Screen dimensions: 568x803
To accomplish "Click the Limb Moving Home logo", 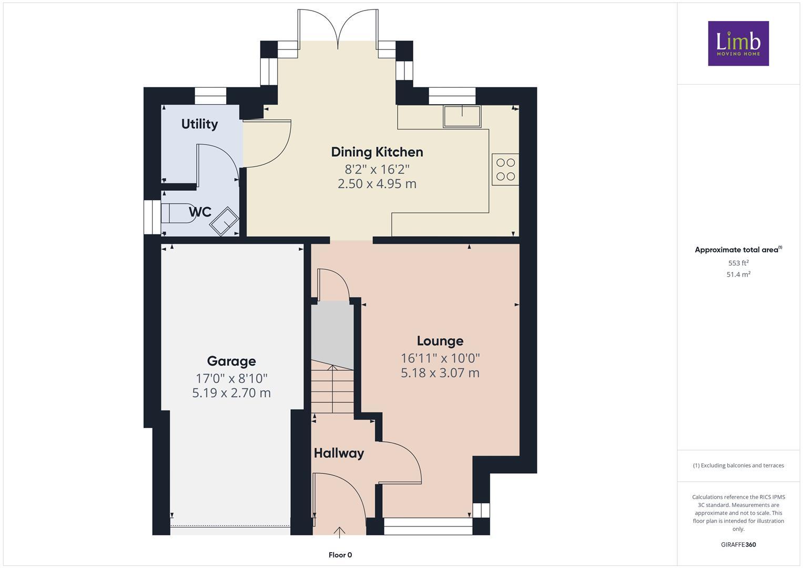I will [738, 43].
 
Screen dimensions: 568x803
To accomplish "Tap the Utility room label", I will [199, 124].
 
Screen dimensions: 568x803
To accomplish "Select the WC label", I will [200, 212].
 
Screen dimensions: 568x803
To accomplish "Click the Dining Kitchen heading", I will [377, 152].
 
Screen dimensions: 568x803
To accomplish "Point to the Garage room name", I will [231, 361].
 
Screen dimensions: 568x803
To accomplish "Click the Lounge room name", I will [440, 341].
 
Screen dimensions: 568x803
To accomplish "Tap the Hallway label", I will [339, 453].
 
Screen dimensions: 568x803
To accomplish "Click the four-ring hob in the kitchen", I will [505, 169].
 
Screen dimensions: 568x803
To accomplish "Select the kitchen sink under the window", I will [462, 116].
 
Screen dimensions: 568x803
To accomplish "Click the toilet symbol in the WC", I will [176, 213].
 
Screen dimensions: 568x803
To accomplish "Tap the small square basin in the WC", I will [224, 221].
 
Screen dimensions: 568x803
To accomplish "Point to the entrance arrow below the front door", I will [340, 533].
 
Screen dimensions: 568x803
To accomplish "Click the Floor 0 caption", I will [340, 555].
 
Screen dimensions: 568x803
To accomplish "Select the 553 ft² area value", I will [738, 263].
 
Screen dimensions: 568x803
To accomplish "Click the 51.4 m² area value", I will [738, 275].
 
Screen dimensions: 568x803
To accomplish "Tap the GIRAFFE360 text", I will [738, 545].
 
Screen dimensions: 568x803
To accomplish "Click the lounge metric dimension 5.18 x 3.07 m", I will [440, 373].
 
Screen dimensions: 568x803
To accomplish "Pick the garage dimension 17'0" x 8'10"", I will [231, 379].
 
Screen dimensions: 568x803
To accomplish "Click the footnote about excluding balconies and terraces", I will [738, 465].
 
